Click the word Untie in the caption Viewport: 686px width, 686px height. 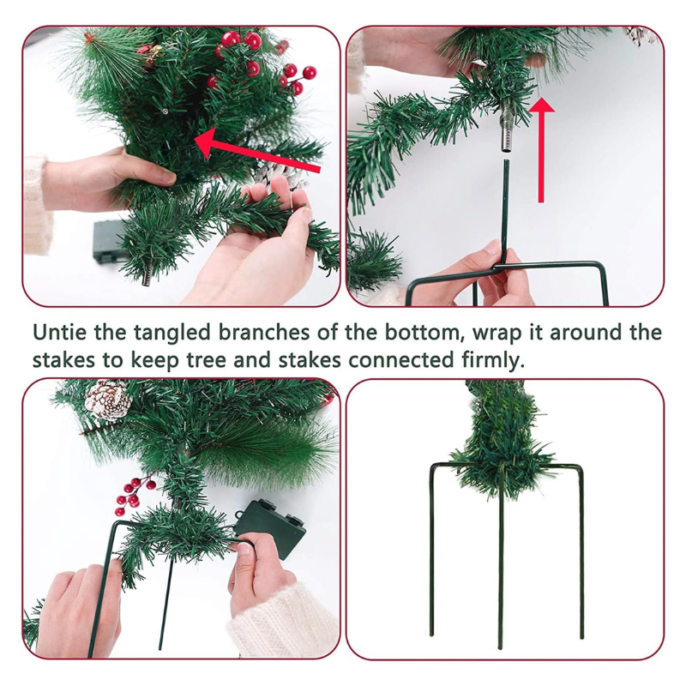(60, 332)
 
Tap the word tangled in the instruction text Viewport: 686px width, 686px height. (172, 333)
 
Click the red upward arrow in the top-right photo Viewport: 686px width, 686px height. (542, 149)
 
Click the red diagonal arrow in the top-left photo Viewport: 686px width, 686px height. (257, 151)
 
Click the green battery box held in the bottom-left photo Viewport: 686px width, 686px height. (270, 528)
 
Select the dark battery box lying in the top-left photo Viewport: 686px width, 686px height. (108, 242)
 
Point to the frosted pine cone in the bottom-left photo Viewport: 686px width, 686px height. (108, 400)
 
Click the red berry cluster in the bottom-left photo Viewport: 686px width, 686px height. (134, 495)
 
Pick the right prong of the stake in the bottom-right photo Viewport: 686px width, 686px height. (581, 552)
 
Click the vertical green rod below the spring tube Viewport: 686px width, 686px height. (506, 211)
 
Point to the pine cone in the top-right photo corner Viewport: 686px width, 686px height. (641, 35)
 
